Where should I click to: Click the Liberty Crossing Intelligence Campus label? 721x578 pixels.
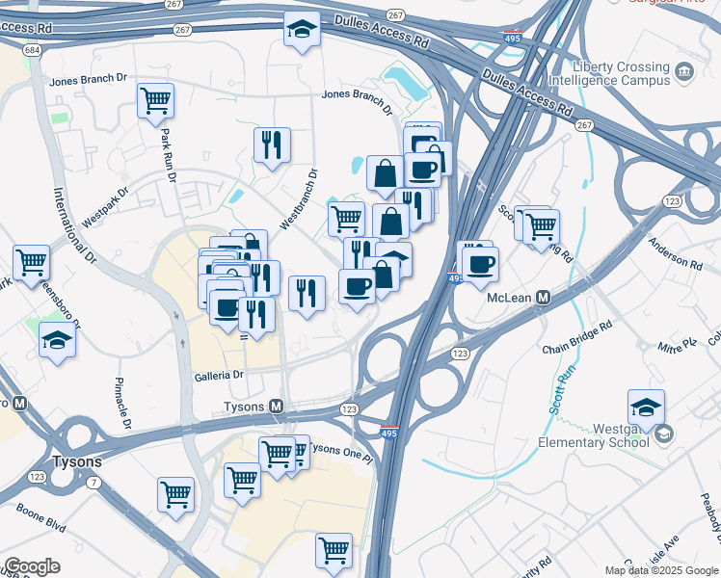pyautogui.click(x=621, y=74)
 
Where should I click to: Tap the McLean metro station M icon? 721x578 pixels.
pyautogui.click(x=544, y=298)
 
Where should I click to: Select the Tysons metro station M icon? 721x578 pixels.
pyautogui.click(x=277, y=407)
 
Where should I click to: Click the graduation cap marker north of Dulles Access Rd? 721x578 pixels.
pyautogui.click(x=302, y=30)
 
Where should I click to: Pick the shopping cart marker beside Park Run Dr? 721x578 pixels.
pyautogui.click(x=156, y=101)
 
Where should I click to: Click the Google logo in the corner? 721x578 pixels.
pyautogui.click(x=32, y=566)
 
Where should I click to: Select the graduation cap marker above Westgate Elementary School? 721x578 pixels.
pyautogui.click(x=646, y=406)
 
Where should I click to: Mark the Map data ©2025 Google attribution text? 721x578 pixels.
pyautogui.click(x=661, y=570)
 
